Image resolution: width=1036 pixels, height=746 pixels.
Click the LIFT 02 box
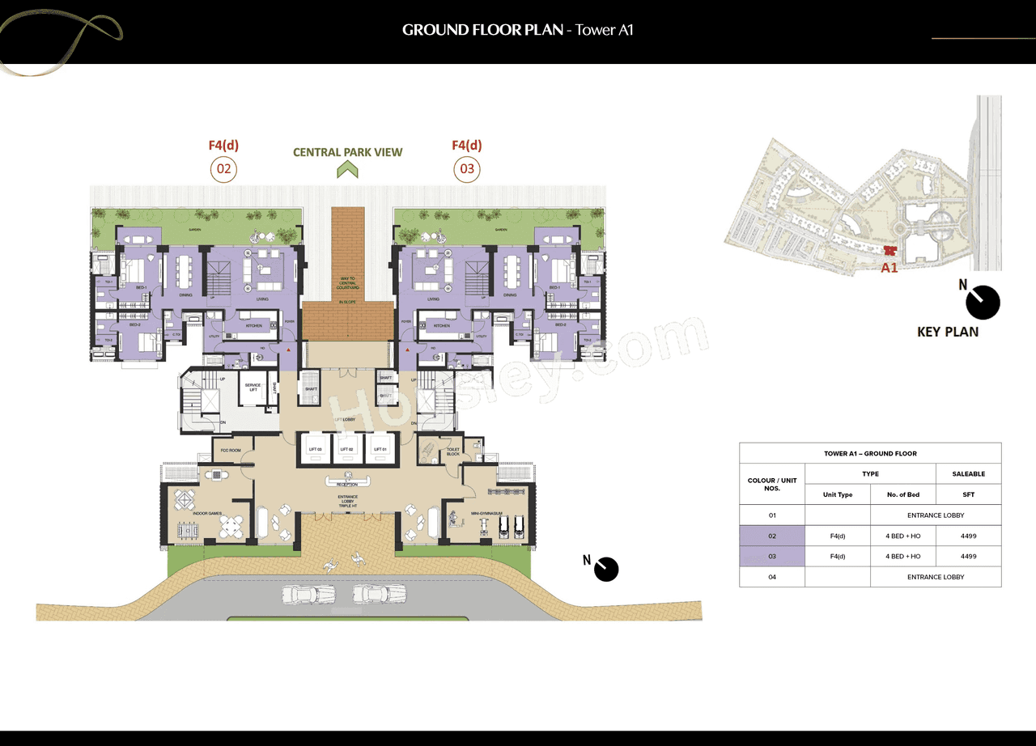(346, 449)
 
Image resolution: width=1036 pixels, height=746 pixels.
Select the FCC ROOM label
(230, 450)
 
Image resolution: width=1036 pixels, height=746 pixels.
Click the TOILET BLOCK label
(452, 451)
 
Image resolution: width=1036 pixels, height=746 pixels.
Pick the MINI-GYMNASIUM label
(487, 512)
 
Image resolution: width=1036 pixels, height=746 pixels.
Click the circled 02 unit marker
(223, 169)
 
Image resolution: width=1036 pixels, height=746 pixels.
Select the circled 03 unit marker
(467, 169)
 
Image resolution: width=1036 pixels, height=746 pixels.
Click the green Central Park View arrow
(347, 169)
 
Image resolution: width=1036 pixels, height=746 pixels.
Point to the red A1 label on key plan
(889, 268)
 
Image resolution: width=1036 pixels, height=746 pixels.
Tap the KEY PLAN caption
(947, 332)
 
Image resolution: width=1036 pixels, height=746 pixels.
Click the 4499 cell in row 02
(968, 536)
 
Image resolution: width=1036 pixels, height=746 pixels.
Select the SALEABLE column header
(968, 474)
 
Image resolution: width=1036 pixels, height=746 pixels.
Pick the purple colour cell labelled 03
(771, 557)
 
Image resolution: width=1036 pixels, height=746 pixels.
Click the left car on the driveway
(308, 595)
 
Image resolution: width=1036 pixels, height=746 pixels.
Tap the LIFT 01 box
(380, 449)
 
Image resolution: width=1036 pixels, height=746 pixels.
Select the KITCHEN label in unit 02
(253, 325)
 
